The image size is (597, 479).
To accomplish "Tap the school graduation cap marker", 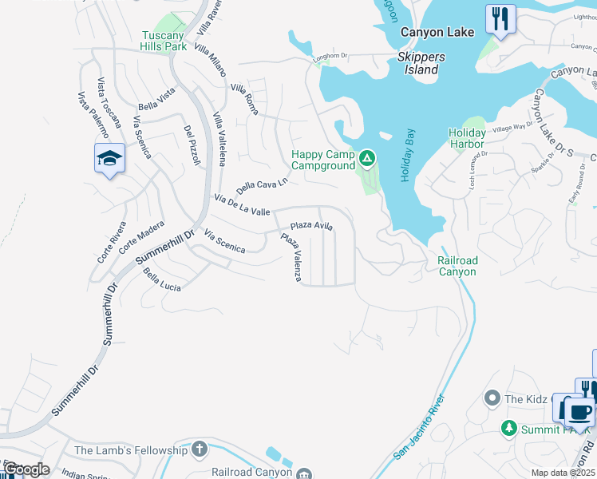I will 109,158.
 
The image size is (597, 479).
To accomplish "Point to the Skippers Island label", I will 421,63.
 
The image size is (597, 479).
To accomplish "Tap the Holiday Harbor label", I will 466,138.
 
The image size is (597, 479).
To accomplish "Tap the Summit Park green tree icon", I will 508,430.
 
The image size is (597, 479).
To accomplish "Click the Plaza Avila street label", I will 311,227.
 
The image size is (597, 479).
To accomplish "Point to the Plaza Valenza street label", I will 291,257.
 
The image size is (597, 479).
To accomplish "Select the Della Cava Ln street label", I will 262,186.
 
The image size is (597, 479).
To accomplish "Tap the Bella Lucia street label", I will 162,280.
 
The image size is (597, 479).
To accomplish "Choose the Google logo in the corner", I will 26,469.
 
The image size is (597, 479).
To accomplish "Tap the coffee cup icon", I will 580,412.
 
